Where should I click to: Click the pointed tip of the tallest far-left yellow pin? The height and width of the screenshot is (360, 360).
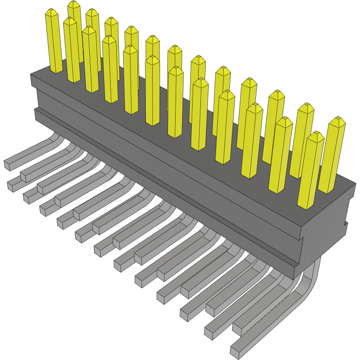pyautogui.click(x=74, y=3)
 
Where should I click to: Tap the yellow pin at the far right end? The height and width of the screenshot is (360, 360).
pyautogui.click(x=333, y=156)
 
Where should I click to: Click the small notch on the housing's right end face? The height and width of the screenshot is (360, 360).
pyautogui.click(x=347, y=224)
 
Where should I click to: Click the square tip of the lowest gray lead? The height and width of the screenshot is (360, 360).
pyautogui.click(x=235, y=349)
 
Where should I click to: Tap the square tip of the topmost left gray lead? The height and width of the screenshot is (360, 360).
pyautogui.click(x=8, y=165)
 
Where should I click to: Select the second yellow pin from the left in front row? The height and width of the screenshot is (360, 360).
pyautogui.click(x=72, y=50)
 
